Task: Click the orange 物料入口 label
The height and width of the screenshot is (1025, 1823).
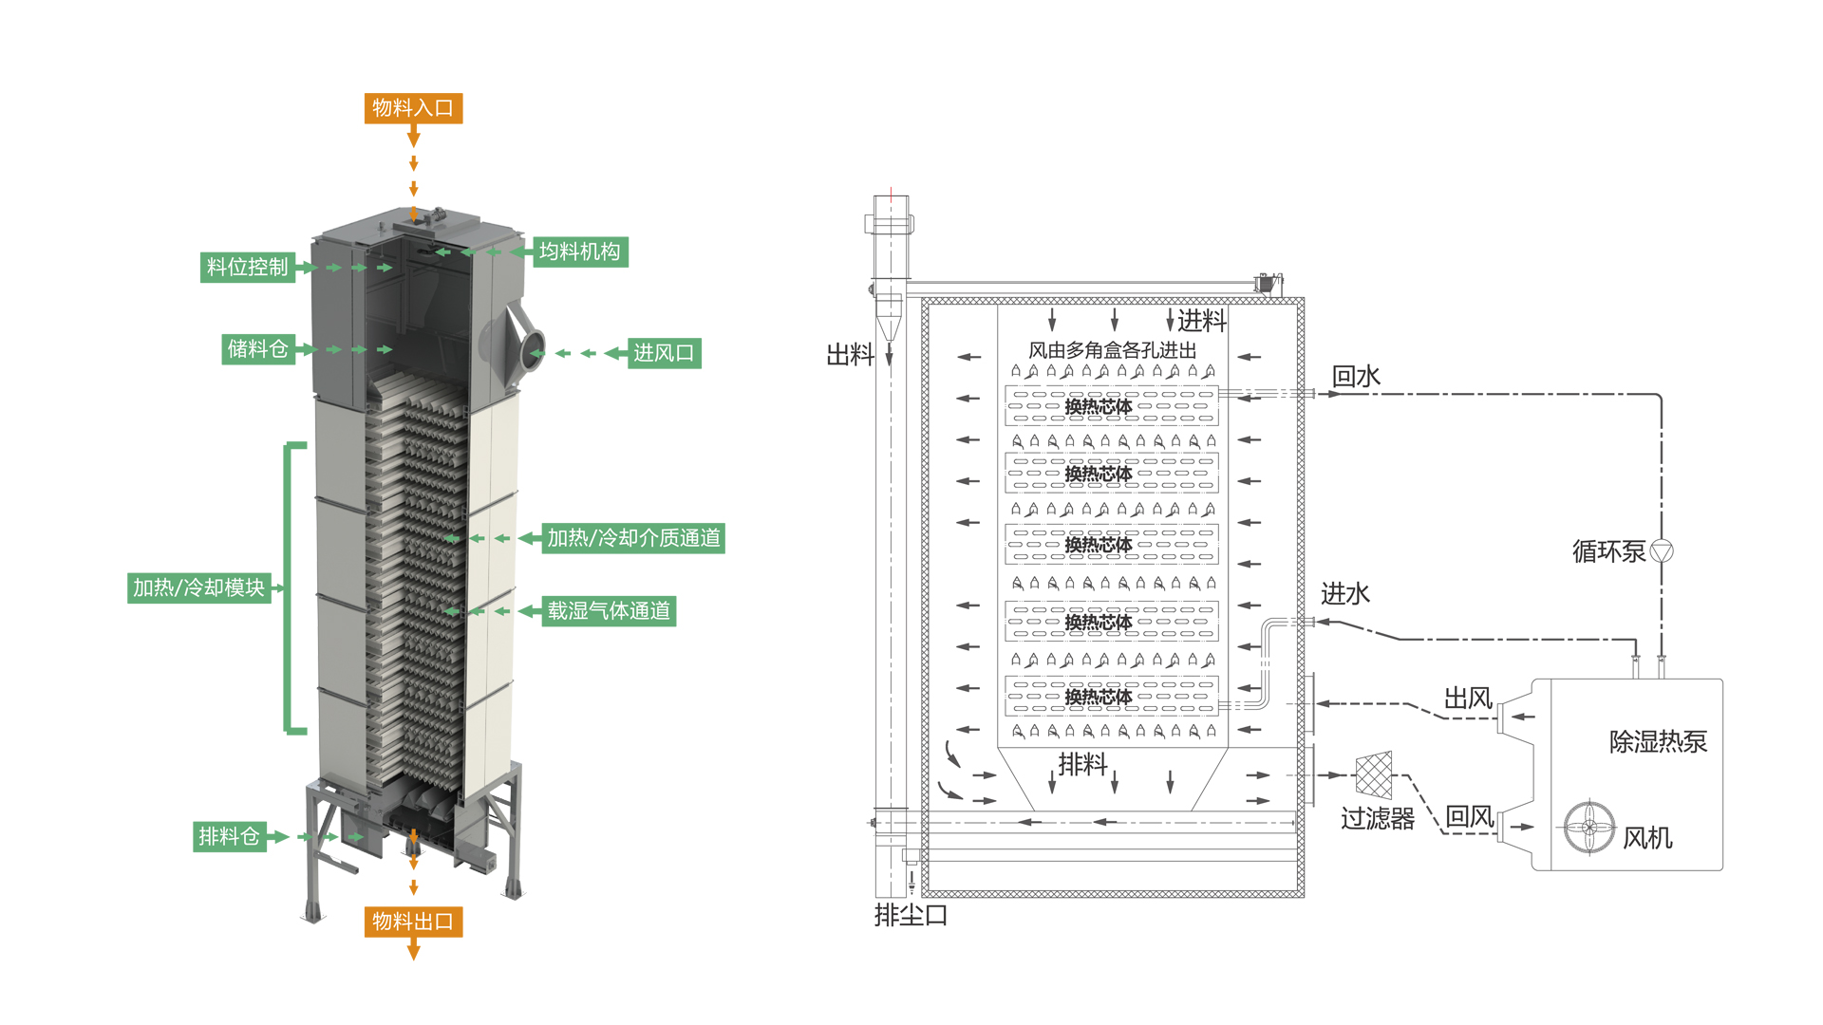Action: (413, 108)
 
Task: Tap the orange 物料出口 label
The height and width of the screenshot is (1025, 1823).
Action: (413, 922)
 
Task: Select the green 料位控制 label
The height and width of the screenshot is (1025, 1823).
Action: (247, 268)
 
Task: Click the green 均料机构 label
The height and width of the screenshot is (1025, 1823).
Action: (579, 252)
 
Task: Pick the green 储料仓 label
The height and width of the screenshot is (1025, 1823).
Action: (257, 349)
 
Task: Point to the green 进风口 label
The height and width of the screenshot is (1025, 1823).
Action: (664, 353)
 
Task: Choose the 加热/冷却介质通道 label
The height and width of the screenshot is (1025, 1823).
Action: (633, 538)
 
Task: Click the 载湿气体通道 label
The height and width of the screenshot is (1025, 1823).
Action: (609, 610)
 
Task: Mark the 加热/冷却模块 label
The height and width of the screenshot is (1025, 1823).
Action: (198, 587)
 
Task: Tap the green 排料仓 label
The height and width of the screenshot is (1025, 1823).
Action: (229, 836)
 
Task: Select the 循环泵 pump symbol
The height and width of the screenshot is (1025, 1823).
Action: (1662, 550)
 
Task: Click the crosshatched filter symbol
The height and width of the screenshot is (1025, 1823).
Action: (1373, 774)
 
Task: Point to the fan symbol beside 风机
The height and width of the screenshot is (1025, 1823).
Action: (1588, 827)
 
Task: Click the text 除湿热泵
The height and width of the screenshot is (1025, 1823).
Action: (1658, 741)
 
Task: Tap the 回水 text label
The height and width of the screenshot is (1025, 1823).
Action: (1356, 377)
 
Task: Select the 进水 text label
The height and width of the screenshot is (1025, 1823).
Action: (1344, 594)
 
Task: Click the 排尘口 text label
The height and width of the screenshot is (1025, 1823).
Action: (911, 915)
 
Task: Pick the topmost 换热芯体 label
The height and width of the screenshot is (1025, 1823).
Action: (1098, 406)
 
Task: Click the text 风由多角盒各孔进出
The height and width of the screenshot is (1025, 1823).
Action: (1112, 350)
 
